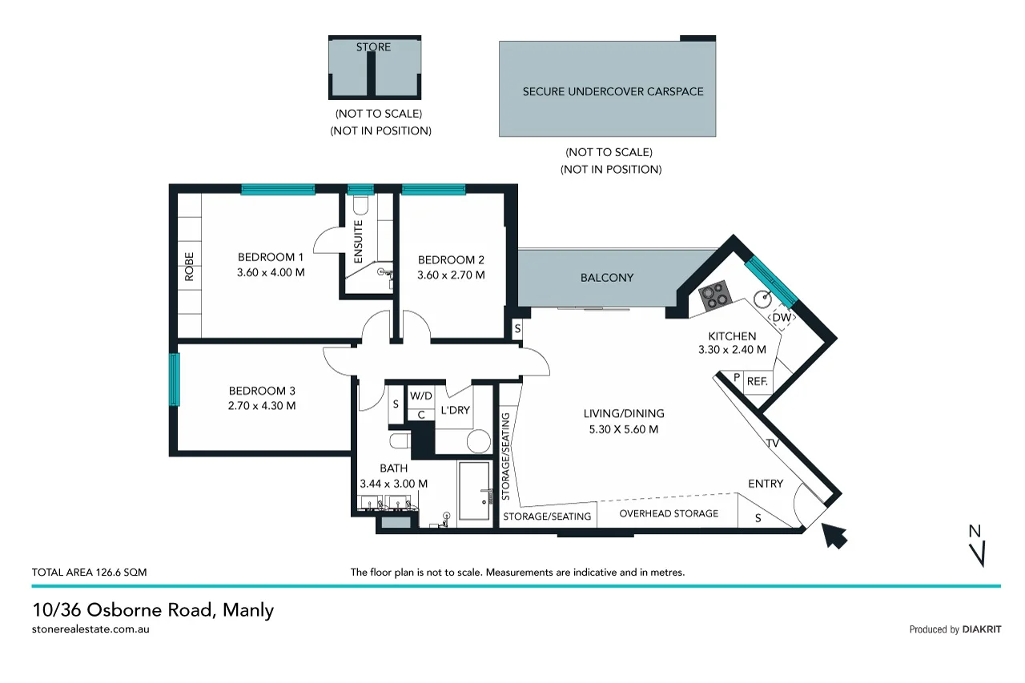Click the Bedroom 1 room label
[271, 257]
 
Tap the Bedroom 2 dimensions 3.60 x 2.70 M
[451, 275]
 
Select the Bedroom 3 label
[262, 391]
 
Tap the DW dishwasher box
[782, 318]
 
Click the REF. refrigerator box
[758, 382]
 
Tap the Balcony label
[606, 278]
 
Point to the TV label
[773, 444]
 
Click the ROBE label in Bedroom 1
[190, 267]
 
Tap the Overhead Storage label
[669, 513]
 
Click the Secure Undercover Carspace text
[613, 91]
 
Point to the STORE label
[373, 47]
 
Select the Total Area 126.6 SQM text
[89, 573]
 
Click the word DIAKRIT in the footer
[982, 629]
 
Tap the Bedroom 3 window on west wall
[174, 380]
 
